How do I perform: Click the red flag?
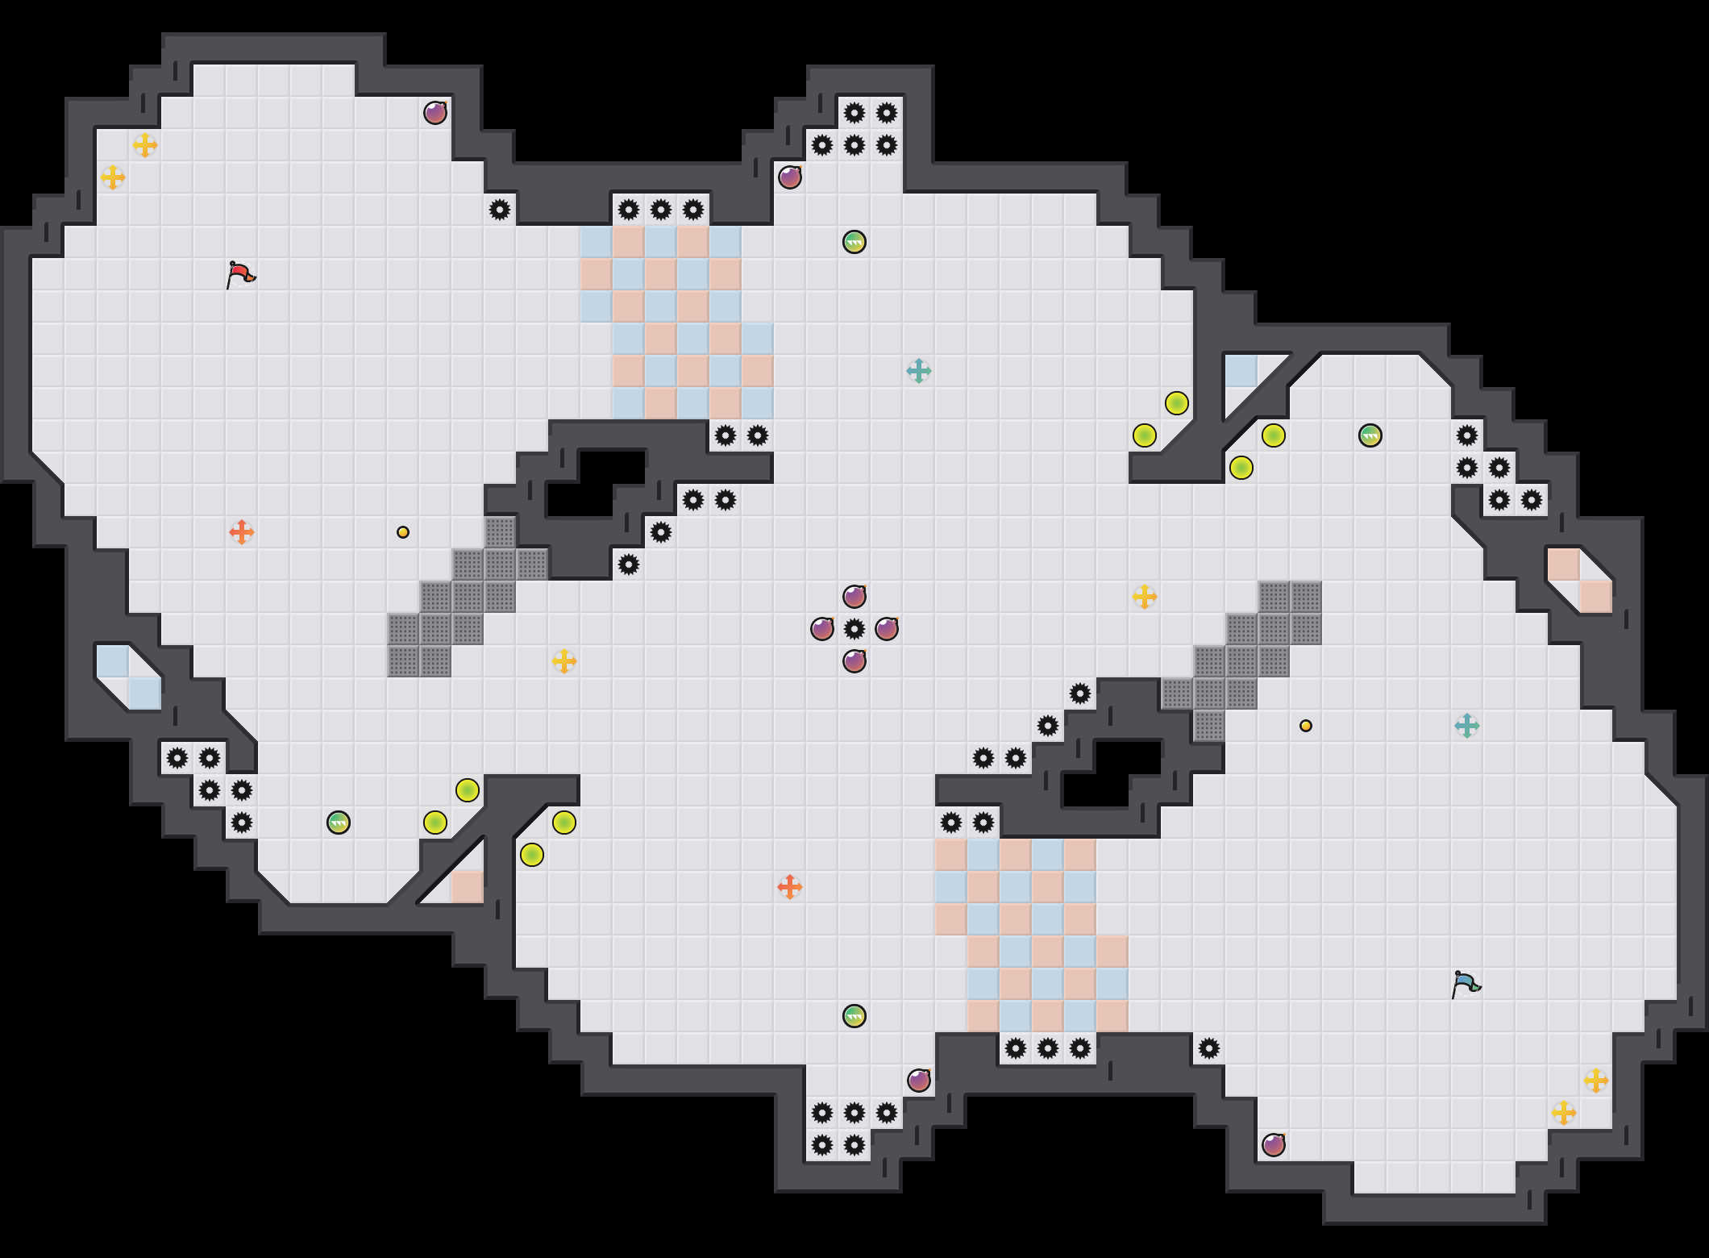point(240,275)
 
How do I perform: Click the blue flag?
point(1466,985)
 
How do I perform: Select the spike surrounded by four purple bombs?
point(854,629)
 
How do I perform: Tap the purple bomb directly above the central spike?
point(854,597)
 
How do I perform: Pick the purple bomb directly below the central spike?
point(854,661)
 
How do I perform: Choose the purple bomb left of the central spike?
point(822,629)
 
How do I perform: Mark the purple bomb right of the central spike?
point(887,629)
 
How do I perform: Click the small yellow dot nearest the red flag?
point(403,532)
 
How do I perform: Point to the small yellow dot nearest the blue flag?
point(1306,726)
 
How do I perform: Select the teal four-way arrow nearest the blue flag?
point(1467,726)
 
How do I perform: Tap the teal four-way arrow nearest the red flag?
point(919,371)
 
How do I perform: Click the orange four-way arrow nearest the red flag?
point(242,532)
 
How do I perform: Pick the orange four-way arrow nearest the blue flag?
point(790,887)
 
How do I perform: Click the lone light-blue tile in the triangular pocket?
point(1241,371)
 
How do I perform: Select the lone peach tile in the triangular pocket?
point(468,887)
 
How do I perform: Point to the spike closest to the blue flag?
point(1209,1048)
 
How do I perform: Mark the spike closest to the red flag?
point(500,210)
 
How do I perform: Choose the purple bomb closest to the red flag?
point(435,113)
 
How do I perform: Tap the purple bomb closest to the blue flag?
point(1274,1145)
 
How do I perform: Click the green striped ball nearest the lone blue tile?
point(1370,435)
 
